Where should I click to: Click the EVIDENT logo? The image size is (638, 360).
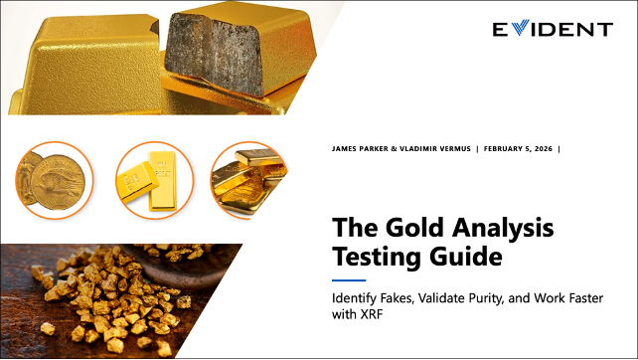[553, 29]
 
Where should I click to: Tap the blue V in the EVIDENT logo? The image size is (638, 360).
[520, 27]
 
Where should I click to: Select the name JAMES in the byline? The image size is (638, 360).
[343, 148]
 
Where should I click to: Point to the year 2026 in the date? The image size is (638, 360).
[544, 148]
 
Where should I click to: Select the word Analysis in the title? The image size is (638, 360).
[497, 228]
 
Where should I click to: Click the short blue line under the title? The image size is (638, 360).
[349, 280]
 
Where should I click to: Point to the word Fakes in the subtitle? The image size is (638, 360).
[398, 298]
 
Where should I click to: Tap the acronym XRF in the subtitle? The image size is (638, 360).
[371, 314]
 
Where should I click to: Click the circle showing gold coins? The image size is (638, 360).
[55, 180]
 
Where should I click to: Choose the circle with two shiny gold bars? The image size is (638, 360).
[155, 180]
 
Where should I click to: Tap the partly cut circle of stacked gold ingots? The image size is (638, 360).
[248, 180]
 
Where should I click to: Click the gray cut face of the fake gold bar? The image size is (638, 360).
[215, 54]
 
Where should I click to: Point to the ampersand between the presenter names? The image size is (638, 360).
[394, 148]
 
